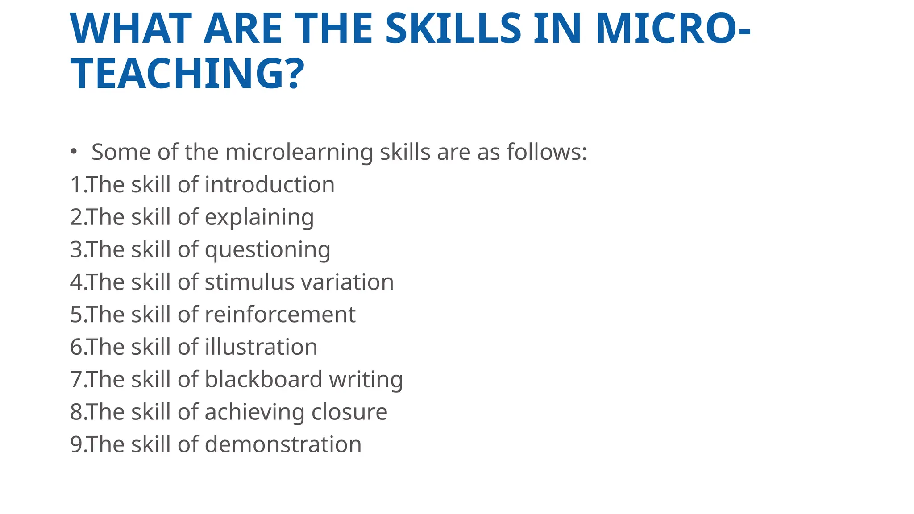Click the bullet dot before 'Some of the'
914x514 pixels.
click(x=74, y=152)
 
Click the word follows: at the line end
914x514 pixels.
click(x=547, y=152)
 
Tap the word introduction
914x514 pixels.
click(x=270, y=185)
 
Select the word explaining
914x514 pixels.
click(x=259, y=218)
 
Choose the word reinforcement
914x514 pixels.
click(x=280, y=315)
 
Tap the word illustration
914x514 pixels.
click(x=261, y=347)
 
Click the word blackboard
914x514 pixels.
click(x=263, y=380)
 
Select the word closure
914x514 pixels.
click(x=349, y=412)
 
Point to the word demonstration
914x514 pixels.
click(x=283, y=444)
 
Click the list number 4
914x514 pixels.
click(x=76, y=282)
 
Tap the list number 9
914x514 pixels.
click(x=76, y=444)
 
